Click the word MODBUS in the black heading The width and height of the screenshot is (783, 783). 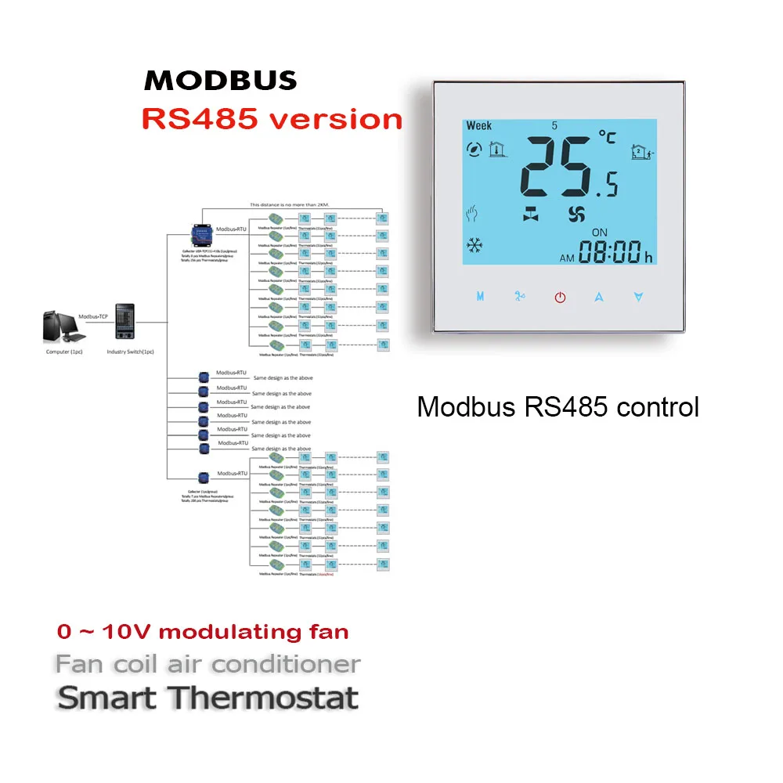click(x=220, y=81)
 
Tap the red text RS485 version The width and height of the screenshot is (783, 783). click(x=272, y=118)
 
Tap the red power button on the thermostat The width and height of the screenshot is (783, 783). click(x=560, y=298)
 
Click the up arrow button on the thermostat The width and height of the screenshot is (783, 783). click(x=600, y=297)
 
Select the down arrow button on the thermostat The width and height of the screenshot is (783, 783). click(x=639, y=297)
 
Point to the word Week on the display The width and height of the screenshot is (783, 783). click(x=478, y=125)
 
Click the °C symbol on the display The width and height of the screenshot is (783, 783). click(x=607, y=137)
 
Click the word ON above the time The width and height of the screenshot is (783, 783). click(x=599, y=233)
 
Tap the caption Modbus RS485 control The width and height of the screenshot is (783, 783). click(x=557, y=407)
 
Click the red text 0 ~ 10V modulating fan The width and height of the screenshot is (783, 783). click(x=203, y=632)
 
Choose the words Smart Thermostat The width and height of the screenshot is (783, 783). click(x=207, y=698)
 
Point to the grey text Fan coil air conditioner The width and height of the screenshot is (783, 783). click(x=207, y=665)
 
